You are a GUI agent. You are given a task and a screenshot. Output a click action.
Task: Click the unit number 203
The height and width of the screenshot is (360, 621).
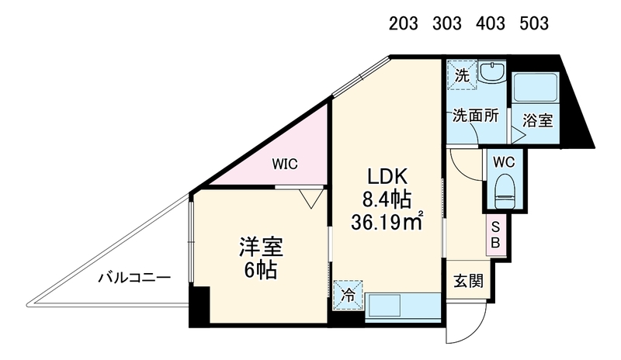(x=403, y=24)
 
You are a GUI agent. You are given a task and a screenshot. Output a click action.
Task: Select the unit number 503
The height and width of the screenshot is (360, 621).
(x=534, y=24)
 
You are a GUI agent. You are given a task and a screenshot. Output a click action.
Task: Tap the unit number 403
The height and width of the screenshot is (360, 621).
(x=491, y=24)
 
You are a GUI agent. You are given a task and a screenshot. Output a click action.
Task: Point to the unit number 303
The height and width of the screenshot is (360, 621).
(x=447, y=24)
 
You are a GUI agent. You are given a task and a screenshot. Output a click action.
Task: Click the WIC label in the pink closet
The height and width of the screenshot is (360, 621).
(x=285, y=164)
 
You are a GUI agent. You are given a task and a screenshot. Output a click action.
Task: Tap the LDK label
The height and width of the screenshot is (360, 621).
(x=387, y=177)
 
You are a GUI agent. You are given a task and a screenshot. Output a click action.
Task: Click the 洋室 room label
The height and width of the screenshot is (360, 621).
(x=261, y=247)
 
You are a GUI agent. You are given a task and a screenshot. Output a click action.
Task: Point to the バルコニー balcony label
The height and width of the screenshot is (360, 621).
(x=134, y=277)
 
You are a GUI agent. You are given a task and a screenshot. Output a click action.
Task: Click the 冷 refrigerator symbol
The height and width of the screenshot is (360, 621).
(x=348, y=295)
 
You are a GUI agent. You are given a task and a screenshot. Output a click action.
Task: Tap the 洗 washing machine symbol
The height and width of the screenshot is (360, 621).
(x=462, y=74)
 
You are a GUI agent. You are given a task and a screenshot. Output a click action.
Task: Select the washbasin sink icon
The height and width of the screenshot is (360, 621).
(x=492, y=72)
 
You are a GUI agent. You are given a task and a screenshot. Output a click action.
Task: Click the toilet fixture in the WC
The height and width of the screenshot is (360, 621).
(x=504, y=190)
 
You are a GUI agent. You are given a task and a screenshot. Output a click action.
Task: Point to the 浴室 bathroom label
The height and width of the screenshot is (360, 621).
(x=537, y=120)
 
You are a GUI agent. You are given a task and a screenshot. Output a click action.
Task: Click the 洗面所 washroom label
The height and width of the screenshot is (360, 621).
(x=476, y=116)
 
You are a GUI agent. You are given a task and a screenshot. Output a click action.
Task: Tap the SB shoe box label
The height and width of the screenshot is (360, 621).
(x=495, y=235)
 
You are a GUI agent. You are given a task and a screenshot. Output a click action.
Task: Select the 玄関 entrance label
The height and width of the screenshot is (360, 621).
(x=469, y=281)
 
